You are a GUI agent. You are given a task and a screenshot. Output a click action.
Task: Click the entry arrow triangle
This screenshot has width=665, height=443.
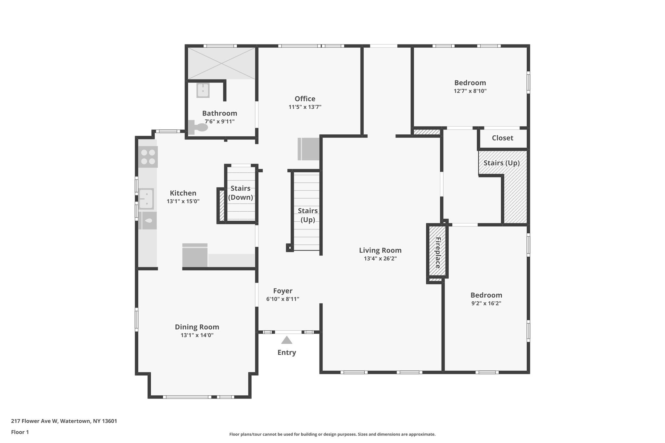286,340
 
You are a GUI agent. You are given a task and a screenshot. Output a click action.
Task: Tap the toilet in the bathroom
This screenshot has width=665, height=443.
198,127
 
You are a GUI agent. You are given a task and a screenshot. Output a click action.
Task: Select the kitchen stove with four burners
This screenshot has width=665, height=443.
148,157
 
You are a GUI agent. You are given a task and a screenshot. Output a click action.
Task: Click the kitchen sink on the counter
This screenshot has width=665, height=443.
146,198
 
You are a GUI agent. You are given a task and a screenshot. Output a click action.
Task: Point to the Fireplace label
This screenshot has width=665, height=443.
437,253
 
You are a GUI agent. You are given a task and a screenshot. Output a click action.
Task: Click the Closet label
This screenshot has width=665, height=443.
502,138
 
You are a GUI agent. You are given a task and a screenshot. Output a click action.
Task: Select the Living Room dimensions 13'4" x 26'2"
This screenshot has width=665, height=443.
380,259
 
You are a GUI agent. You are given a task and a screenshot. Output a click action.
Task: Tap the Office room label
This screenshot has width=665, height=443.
305,99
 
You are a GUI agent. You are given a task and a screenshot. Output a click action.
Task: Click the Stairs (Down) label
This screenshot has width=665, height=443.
240,193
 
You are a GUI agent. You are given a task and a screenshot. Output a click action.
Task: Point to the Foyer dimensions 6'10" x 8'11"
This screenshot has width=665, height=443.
282,299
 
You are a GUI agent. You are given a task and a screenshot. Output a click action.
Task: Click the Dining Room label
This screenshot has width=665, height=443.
197,327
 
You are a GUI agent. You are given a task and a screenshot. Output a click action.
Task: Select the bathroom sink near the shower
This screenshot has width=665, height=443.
203,90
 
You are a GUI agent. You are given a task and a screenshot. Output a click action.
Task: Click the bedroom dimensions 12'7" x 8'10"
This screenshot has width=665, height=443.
470,91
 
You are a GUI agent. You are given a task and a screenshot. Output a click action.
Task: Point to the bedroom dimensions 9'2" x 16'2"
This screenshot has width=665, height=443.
486,303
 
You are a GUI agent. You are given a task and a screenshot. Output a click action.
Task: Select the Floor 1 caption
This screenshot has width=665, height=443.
20,432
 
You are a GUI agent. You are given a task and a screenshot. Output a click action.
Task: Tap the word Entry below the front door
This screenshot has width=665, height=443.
286,352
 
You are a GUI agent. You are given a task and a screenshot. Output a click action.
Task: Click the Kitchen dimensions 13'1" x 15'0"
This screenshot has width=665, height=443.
183,201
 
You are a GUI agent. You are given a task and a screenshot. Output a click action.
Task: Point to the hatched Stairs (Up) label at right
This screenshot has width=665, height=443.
501,163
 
